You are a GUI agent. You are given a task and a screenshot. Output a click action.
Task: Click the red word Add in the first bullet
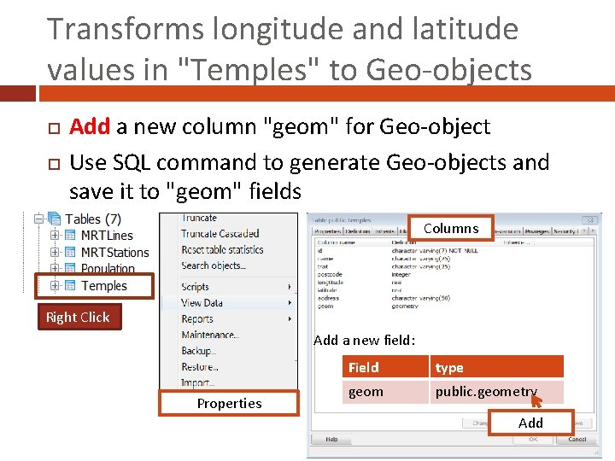(x=90, y=127)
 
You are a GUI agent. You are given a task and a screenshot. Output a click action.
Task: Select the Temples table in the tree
(x=103, y=286)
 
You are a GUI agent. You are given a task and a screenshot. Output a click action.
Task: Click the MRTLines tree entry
(x=106, y=235)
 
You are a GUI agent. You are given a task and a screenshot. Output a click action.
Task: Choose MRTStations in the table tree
(x=114, y=252)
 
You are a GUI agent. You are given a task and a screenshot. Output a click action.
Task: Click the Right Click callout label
(x=78, y=317)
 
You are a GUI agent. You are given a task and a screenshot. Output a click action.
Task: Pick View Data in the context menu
(x=202, y=303)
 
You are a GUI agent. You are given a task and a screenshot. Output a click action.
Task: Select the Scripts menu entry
(x=195, y=287)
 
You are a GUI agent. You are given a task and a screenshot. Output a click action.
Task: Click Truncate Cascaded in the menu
(x=220, y=234)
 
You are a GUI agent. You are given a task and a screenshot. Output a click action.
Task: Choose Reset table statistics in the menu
(x=222, y=250)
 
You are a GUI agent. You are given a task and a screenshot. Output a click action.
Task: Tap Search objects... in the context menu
(x=213, y=266)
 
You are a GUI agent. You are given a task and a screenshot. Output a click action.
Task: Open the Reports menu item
(x=197, y=318)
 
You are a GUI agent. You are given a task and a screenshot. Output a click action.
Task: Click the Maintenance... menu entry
(x=210, y=335)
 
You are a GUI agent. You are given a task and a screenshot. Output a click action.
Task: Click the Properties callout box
(x=229, y=403)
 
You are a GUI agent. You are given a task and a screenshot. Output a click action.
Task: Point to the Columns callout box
(x=451, y=228)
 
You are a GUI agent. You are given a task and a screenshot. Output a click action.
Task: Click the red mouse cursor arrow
(x=536, y=400)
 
